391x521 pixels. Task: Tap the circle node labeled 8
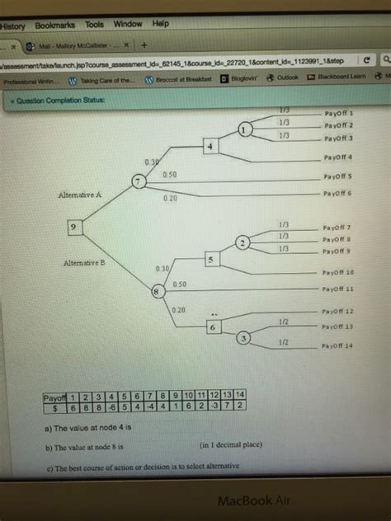[x=154, y=291]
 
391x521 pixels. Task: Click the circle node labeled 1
[x=244, y=130]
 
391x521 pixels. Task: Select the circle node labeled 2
[x=243, y=242]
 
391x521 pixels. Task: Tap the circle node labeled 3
[x=244, y=338]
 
